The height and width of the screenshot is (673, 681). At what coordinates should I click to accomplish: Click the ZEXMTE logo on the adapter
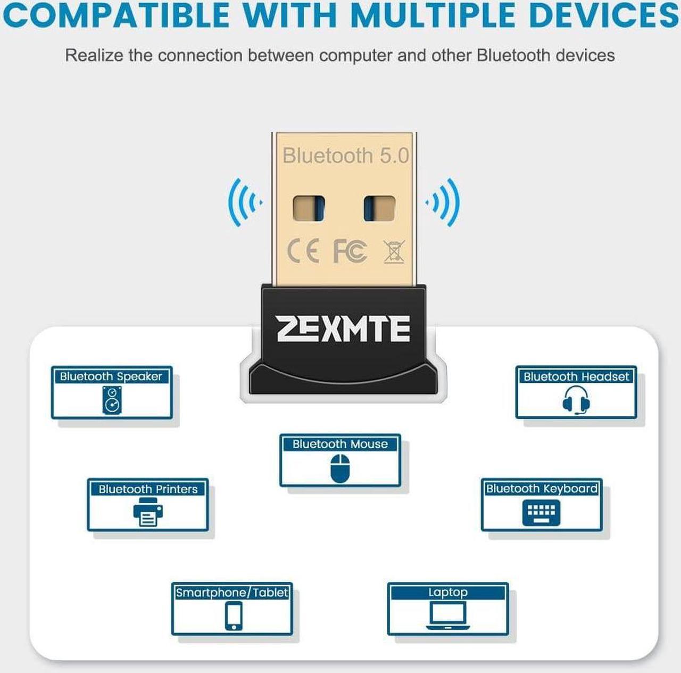click(343, 329)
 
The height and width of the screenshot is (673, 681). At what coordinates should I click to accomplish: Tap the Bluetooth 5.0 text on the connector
click(346, 155)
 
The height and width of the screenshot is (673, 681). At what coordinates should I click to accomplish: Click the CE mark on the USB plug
click(303, 251)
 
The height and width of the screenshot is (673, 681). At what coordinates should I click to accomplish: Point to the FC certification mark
click(350, 251)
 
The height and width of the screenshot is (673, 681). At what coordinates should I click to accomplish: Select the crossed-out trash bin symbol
click(394, 252)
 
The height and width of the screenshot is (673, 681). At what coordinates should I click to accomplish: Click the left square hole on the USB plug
click(309, 209)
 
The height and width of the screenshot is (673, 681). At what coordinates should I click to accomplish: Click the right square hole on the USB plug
click(379, 209)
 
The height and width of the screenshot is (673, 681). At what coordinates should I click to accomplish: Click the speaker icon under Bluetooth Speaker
click(112, 400)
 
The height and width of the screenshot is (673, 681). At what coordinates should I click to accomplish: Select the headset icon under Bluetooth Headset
click(576, 400)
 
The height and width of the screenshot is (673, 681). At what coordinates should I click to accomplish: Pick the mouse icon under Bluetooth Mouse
click(340, 469)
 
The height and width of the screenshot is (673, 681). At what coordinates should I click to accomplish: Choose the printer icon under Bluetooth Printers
click(148, 512)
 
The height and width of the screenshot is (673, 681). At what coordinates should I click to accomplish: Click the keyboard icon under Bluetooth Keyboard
click(541, 512)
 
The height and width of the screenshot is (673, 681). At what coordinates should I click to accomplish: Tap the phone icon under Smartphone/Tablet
click(234, 616)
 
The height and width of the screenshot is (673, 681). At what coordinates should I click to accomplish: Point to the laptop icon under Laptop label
click(448, 615)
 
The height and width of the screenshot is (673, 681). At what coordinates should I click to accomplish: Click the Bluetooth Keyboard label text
click(542, 488)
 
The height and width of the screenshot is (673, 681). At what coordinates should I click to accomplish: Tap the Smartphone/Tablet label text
click(232, 592)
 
